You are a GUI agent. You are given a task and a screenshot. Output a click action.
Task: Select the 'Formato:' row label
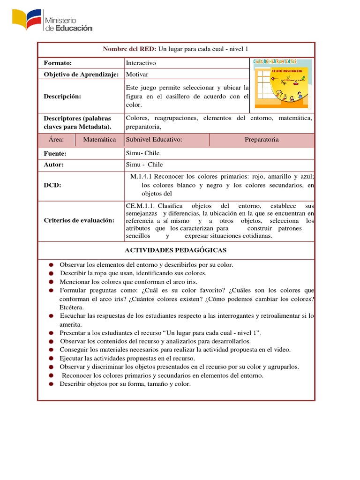pos(58,63)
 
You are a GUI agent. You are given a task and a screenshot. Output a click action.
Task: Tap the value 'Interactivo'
pos(141,63)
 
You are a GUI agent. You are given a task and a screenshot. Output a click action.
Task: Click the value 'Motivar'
pos(137,74)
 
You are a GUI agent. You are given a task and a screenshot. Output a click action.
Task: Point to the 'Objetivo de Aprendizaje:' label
pos(81,74)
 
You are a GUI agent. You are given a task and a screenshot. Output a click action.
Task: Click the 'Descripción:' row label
pos(62,96)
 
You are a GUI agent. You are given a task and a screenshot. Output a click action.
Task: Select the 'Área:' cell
pos(56,140)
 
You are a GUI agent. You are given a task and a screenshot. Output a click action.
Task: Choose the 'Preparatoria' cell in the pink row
pos(262,140)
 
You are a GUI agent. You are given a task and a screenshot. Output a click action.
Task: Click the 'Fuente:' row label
pos(55,153)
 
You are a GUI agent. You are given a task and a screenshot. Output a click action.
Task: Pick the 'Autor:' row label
pos(53,165)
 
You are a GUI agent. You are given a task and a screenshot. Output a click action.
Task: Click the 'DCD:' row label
pos(52,185)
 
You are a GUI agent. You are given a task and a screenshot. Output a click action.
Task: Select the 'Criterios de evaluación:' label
pos(79,220)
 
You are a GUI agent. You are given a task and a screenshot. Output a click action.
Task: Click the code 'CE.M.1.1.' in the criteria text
pos(141,206)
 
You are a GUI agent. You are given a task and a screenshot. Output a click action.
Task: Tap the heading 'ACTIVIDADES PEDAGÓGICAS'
pos(176,250)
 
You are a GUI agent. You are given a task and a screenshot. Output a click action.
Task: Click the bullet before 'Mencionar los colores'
pos(50,282)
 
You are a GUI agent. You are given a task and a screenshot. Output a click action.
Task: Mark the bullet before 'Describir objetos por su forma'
pos(50,384)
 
